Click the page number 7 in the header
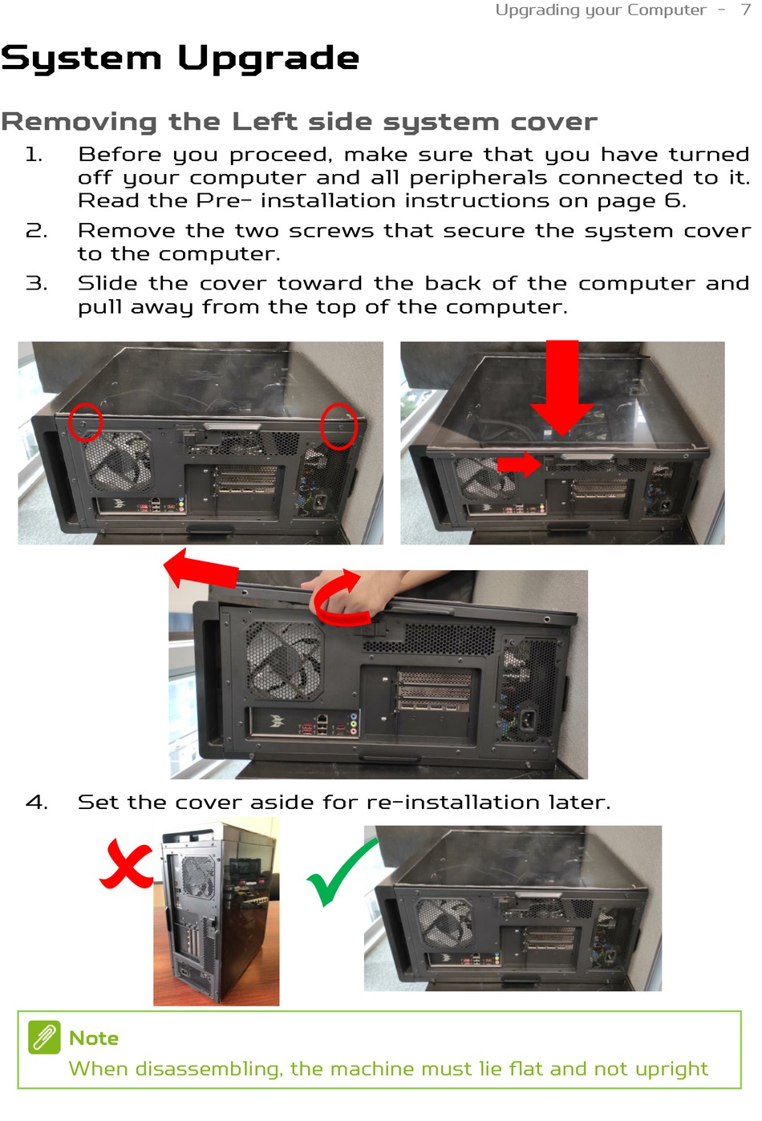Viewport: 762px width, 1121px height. coord(745,10)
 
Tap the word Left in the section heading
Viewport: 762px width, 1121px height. coord(264,122)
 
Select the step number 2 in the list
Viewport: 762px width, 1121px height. coord(37,231)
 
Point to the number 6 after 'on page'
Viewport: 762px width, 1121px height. coord(673,200)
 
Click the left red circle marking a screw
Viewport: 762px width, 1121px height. coord(84,422)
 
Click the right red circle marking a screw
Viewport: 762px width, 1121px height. coord(339,426)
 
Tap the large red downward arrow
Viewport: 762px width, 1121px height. coord(562,388)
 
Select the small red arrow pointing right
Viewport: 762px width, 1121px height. coord(519,464)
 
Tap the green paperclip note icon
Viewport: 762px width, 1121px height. coord(44,1037)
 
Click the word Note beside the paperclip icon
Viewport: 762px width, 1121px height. coord(94,1038)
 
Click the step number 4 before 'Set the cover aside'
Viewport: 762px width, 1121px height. coord(37,802)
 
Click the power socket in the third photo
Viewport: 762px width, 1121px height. coord(529,719)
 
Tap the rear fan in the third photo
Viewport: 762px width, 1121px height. coord(284,661)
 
